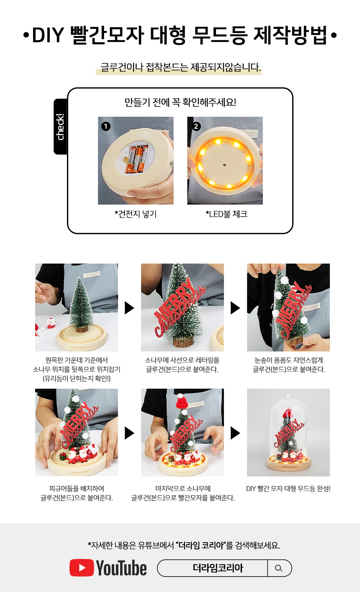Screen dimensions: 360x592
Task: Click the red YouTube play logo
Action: pos(82,568)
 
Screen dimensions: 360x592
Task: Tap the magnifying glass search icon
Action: pos(278,568)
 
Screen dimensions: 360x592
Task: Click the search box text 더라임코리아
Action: pos(218,568)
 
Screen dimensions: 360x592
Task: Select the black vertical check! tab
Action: pos(60,127)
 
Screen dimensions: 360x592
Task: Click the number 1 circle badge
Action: pos(106,126)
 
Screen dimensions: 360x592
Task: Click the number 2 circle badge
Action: pos(196,126)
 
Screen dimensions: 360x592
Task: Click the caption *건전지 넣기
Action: pos(136,214)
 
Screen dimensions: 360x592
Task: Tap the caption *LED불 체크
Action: pos(226,214)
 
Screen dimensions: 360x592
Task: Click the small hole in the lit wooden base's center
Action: pos(224,165)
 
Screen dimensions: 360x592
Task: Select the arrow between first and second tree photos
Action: pos(129,308)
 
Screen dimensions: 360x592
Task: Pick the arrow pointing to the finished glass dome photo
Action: pos(235,433)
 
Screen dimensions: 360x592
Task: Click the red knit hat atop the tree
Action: pos(182,402)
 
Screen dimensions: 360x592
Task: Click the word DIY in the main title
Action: pos(48,35)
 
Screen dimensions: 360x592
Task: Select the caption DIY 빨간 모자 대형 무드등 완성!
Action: pos(288,488)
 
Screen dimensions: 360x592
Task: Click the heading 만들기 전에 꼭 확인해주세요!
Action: pos(180,102)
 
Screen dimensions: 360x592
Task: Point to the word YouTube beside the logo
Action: pos(121,568)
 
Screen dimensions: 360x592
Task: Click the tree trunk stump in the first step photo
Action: pos(81,329)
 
